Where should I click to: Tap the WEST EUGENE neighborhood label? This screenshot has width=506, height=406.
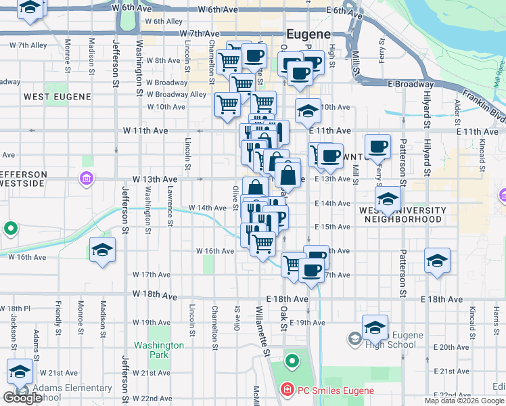(x=57, y=97)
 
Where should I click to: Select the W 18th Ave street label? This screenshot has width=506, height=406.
(x=155, y=296)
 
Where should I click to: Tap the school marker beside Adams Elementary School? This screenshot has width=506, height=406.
(x=20, y=371)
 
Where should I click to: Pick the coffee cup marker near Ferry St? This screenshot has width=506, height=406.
(x=377, y=145)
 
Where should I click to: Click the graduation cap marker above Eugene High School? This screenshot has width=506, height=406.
(x=375, y=327)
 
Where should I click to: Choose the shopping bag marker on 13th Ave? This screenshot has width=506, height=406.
(x=287, y=175)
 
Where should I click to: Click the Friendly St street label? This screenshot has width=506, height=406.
(x=58, y=312)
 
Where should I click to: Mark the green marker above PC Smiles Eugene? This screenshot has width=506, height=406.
(x=292, y=361)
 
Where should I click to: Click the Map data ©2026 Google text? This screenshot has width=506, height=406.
(x=463, y=401)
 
